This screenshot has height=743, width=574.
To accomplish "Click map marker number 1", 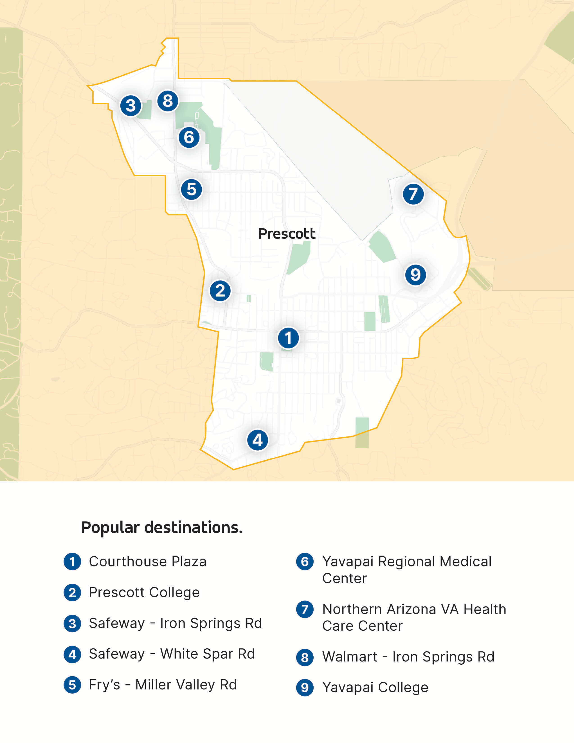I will coord(288,338).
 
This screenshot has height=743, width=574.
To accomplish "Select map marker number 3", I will coord(131,105).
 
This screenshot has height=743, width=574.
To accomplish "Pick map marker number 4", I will coord(258,440).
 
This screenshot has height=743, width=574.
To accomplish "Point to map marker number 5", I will coord(192,190).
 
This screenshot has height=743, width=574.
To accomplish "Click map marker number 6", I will coord(189,137).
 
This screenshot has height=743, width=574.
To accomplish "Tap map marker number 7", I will coord(413,194).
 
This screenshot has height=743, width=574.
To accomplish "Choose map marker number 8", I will coord(168,101).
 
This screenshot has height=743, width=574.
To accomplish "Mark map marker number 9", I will coord(415,274).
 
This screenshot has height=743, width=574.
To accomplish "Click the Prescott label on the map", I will coord(287,234).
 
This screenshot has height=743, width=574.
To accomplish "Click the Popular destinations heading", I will coord(162,528).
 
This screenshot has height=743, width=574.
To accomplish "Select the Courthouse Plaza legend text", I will coord(148,562).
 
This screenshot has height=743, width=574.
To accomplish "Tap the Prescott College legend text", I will coord(144,592).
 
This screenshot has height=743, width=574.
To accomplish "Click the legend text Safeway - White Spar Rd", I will coord(172,654).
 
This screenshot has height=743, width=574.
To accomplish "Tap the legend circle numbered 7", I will coord(305,609).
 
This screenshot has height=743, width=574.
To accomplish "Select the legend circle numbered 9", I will coord(305,688).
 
